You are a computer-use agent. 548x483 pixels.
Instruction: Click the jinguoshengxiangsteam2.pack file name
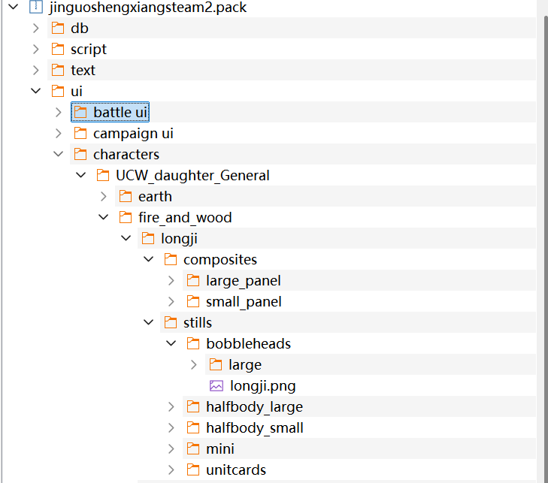(x=148, y=8)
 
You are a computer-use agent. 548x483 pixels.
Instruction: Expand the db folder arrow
(x=35, y=29)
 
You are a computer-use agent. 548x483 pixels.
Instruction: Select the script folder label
(x=89, y=50)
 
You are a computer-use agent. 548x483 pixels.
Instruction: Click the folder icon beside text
(x=58, y=70)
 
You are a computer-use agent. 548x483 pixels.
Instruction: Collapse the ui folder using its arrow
(x=35, y=91)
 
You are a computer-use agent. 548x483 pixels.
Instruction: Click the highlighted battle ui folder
(x=110, y=112)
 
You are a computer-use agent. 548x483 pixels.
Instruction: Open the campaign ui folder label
(x=133, y=134)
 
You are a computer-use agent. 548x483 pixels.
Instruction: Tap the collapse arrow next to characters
(x=58, y=154)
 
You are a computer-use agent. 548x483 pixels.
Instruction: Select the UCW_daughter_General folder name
(x=192, y=175)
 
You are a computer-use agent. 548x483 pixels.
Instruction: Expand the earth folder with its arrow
(x=104, y=197)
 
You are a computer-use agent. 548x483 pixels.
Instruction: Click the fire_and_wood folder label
(x=185, y=218)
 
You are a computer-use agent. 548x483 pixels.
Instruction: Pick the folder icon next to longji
(x=148, y=239)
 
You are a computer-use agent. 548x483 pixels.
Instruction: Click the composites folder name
(x=220, y=260)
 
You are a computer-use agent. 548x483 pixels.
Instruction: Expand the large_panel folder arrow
(x=171, y=281)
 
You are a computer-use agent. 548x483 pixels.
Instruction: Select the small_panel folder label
(x=244, y=302)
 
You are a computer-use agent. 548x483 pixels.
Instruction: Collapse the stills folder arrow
(x=149, y=322)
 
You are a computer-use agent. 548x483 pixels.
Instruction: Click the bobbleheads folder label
(x=249, y=343)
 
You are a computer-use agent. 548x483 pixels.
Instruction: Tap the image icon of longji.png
(x=216, y=386)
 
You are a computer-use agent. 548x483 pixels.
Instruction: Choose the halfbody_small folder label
(x=255, y=428)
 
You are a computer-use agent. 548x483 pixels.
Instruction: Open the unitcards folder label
(x=236, y=470)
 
